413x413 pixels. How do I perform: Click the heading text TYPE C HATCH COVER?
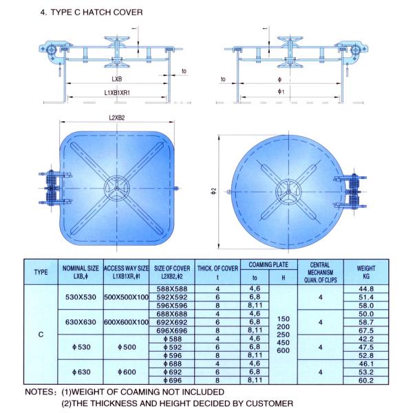pyautogui.click(x=96, y=12)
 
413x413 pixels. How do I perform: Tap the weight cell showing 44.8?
pyautogui.click(x=366, y=289)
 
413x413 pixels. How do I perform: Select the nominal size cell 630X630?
pyautogui.click(x=81, y=322)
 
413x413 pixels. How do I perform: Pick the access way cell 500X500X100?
pyautogui.click(x=127, y=297)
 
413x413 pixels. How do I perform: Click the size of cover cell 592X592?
pyautogui.click(x=172, y=297)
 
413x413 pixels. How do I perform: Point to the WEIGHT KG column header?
pyautogui.click(x=366, y=272)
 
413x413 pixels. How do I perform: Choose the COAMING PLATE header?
pyautogui.click(x=268, y=265)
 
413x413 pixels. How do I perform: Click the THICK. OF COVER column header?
pyautogui.click(x=218, y=272)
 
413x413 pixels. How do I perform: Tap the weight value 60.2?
pyautogui.click(x=366, y=381)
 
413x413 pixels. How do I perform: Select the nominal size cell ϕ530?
pyautogui.click(x=81, y=347)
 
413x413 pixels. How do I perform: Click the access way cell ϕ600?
pyautogui.click(x=127, y=372)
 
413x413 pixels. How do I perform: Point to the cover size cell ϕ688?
pyautogui.click(x=173, y=363)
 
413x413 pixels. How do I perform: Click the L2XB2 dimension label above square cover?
pyautogui.click(x=117, y=118)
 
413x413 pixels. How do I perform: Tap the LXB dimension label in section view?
pyautogui.click(x=117, y=79)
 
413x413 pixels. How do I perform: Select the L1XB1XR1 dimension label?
pyautogui.click(x=117, y=93)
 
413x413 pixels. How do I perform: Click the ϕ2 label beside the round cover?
pyautogui.click(x=214, y=191)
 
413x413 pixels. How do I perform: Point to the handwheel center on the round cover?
pyautogui.click(x=288, y=191)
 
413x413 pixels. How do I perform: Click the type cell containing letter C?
pyautogui.click(x=41, y=335)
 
